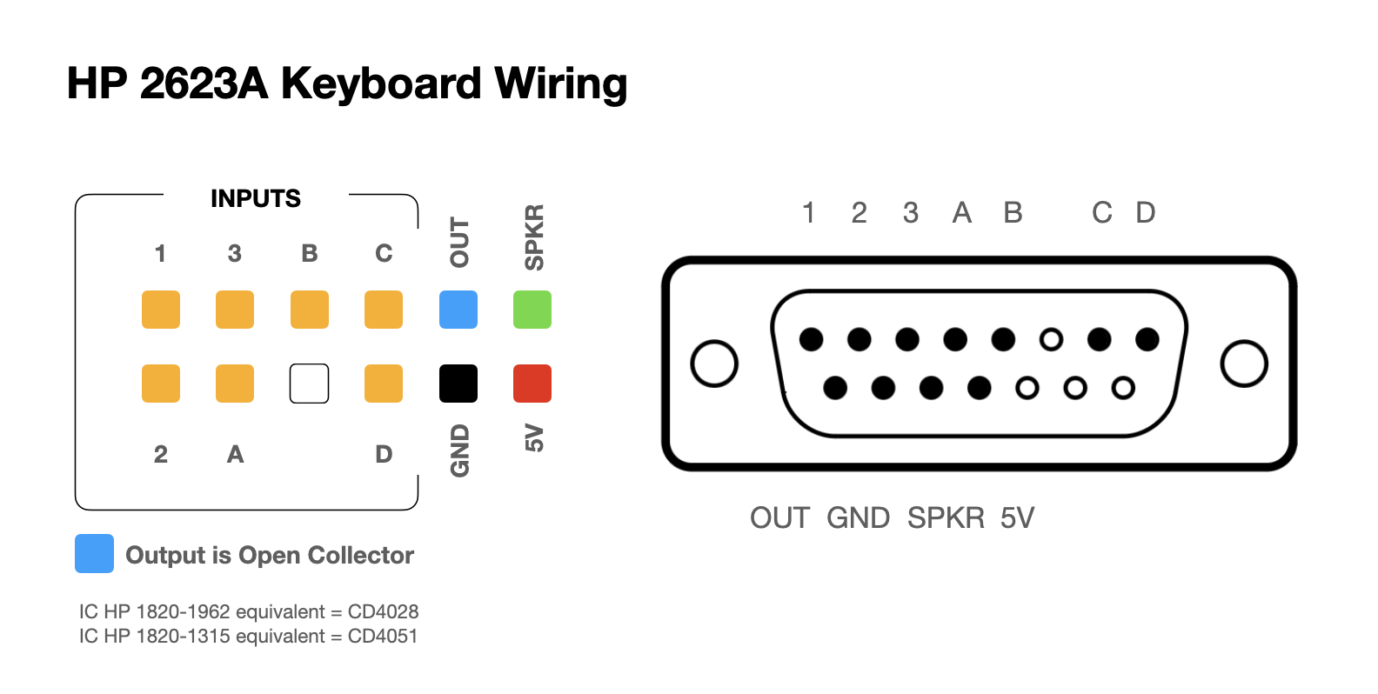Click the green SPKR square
(532, 310)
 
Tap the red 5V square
(532, 384)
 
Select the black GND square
(458, 384)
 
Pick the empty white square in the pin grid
(310, 384)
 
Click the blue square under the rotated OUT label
(458, 310)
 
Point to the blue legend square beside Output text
(94, 554)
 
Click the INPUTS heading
(256, 199)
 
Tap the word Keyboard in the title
(381, 84)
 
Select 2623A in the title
(204, 84)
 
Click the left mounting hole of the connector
(714, 364)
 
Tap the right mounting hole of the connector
(1244, 364)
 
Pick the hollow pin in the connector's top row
(1051, 339)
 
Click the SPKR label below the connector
(946, 518)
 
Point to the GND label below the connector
(858, 518)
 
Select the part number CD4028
(383, 612)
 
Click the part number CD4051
(383, 637)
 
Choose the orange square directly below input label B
(310, 310)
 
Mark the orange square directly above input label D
(384, 384)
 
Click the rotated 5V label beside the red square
(533, 438)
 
